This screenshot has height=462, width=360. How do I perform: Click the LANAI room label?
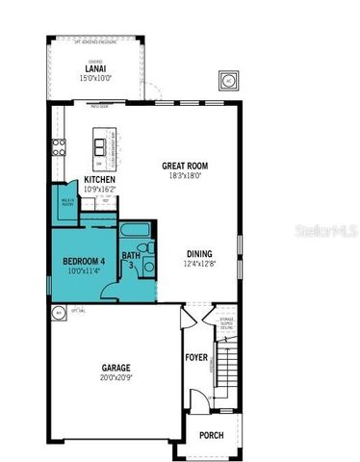[94, 68]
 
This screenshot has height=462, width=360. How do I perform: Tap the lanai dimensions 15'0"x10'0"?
[94, 78]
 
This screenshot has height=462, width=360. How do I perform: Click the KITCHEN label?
[100, 180]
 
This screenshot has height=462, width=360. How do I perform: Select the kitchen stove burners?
[59, 147]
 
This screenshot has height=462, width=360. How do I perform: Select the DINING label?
[200, 254]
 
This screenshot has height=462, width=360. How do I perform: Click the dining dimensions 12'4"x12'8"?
[200, 265]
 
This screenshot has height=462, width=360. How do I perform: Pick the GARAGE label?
[117, 368]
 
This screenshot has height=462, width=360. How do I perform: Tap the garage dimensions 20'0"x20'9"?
[117, 378]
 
